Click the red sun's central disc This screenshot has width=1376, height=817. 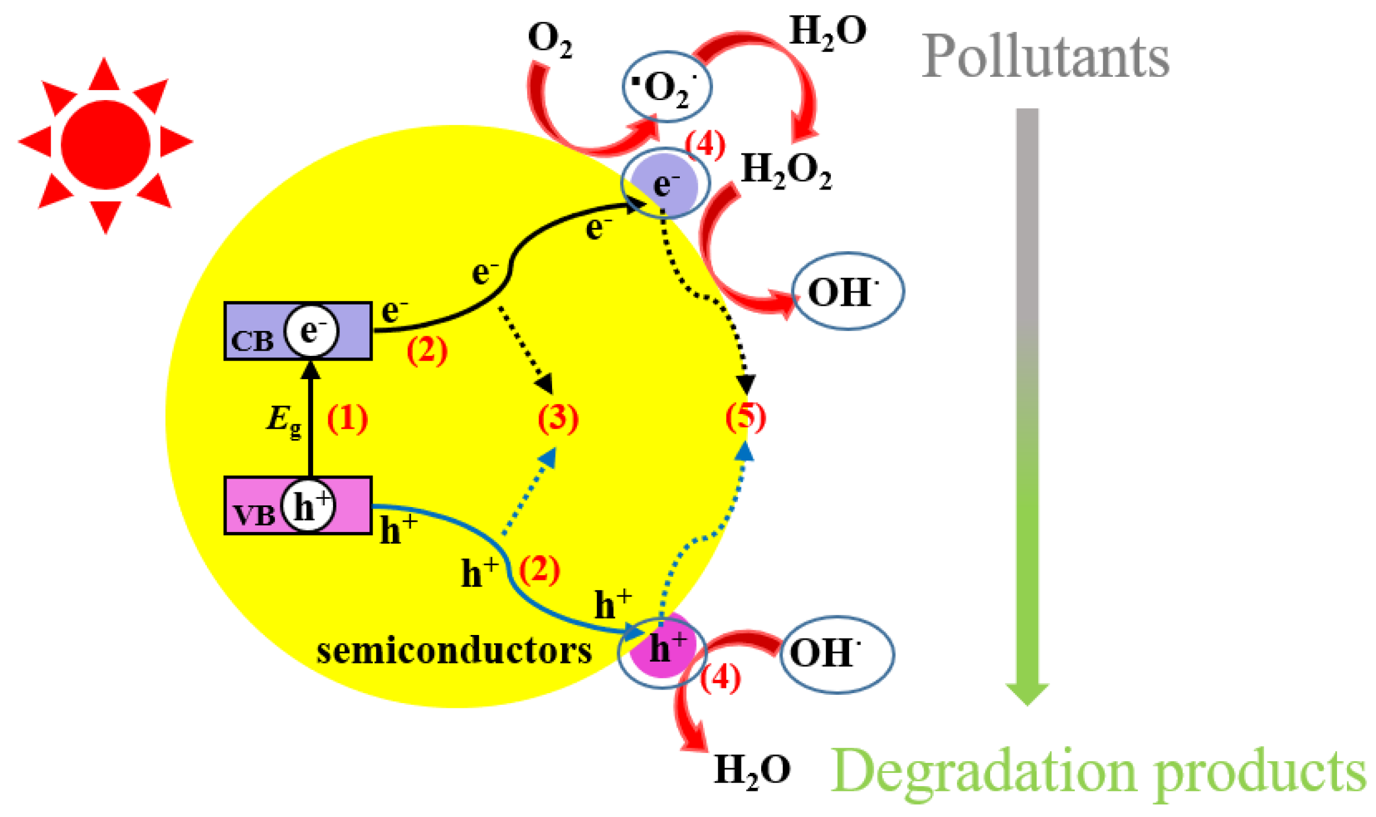(105, 145)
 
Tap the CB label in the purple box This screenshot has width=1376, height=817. (252, 341)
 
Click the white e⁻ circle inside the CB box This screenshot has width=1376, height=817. (311, 331)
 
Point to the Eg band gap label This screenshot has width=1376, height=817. (284, 420)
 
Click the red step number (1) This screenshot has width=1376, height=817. (347, 419)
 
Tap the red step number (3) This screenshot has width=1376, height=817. (558, 418)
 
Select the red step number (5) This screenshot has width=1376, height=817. (746, 417)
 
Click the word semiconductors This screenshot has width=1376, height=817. (454, 651)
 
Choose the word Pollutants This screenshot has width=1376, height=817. (1045, 57)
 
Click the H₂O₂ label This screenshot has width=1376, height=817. (786, 171)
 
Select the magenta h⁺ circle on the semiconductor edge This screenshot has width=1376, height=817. (663, 650)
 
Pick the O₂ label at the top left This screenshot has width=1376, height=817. (550, 40)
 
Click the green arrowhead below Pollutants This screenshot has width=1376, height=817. (1027, 693)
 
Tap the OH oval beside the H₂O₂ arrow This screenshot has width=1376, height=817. (848, 291)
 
